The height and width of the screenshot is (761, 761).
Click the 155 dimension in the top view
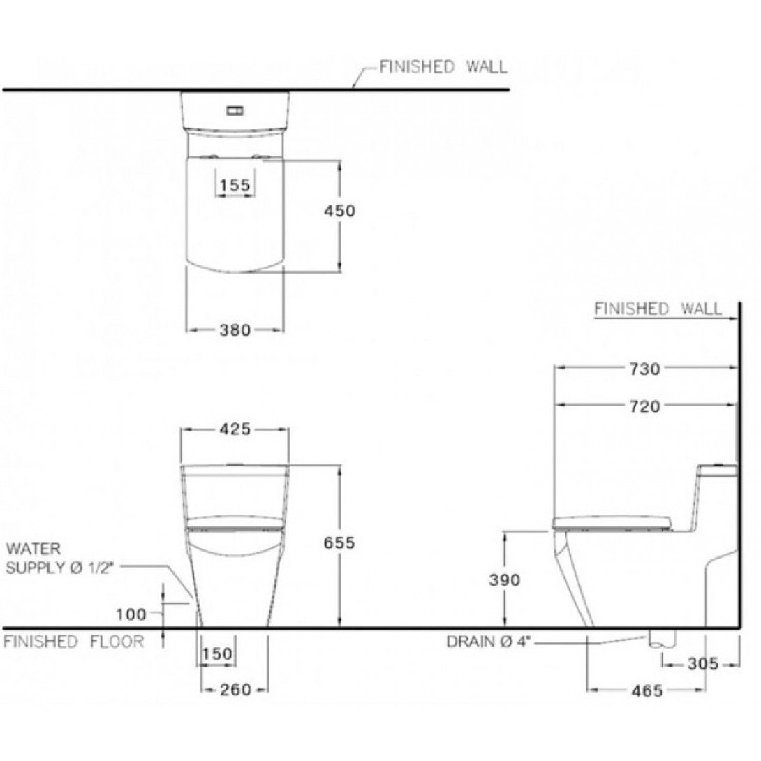pyautogui.click(x=235, y=185)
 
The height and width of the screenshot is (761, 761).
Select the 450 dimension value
pyautogui.click(x=340, y=211)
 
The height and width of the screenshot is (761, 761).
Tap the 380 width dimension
pyautogui.click(x=235, y=330)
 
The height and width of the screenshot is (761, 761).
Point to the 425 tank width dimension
pyautogui.click(x=235, y=429)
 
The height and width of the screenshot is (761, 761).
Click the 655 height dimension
pyautogui.click(x=340, y=542)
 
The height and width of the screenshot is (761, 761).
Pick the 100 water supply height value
pyautogui.click(x=131, y=614)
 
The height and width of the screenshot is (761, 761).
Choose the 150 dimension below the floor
pyautogui.click(x=217, y=653)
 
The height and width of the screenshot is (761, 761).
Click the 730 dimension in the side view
pyautogui.click(x=645, y=369)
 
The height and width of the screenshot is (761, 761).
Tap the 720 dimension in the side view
pyautogui.click(x=645, y=406)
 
